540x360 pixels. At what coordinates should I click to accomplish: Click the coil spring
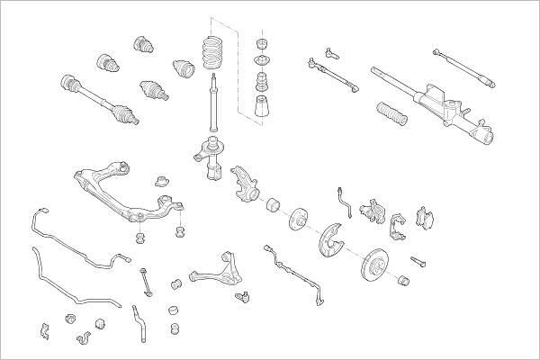click(x=213, y=54)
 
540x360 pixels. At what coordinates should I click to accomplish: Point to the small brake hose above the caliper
click(x=341, y=197)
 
